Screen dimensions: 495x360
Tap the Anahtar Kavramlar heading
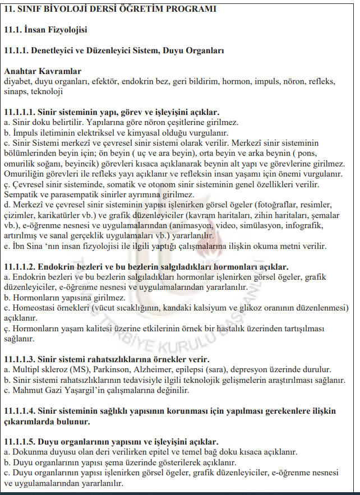pyautogui.click(x=43, y=72)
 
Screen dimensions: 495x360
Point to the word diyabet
pyautogui.click(x=17, y=81)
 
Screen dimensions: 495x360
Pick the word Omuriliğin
pyautogui.click(x=24, y=174)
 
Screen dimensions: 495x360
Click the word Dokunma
pyautogui.click(x=28, y=452)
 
